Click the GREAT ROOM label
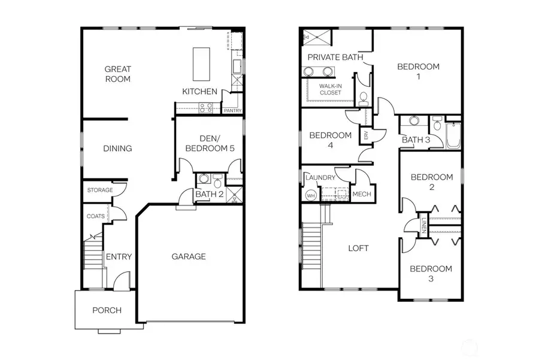tap(117, 74)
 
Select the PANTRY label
tap(232, 111)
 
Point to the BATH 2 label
tap(209, 193)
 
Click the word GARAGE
tap(189, 256)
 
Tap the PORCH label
tap(107, 310)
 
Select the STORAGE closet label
tap(99, 190)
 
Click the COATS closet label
tap(96, 216)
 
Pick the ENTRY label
tap(119, 257)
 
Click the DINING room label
tap(117, 149)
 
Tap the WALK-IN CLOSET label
tap(330, 89)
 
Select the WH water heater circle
tap(310, 195)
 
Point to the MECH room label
tap(362, 194)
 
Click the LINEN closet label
tap(423, 226)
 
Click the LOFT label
tap(358, 248)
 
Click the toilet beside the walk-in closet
tap(363, 98)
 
